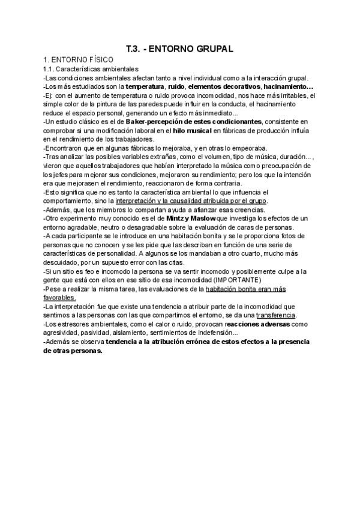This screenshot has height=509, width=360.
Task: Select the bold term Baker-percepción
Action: pos(152,121)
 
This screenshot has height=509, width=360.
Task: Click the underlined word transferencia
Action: pos(276,315)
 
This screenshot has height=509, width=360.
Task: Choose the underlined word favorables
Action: pos(59,297)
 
